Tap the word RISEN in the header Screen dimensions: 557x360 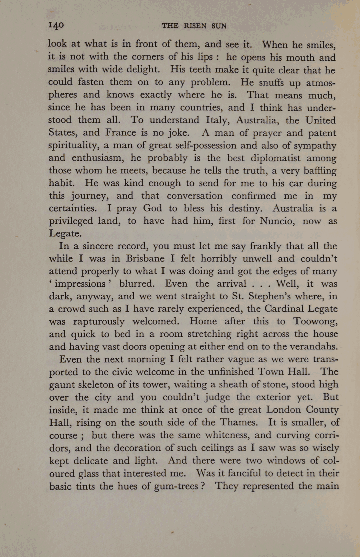[195, 26]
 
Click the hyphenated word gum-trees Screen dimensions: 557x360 [177, 486]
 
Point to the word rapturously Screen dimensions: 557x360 [99, 322]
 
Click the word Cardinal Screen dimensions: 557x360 [284, 309]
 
